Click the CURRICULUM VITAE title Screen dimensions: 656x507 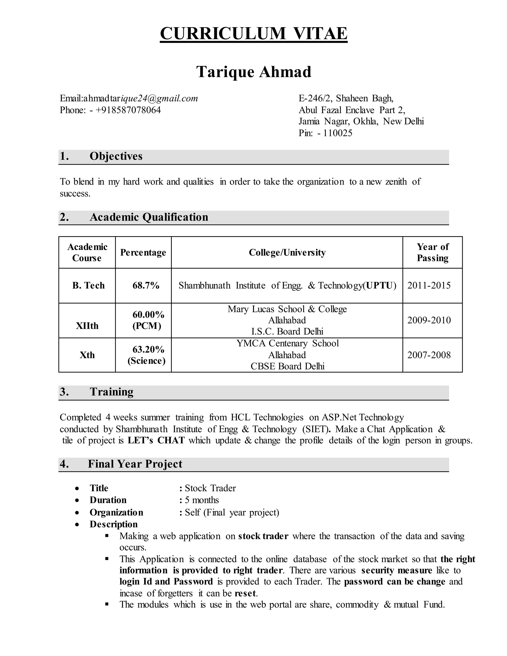pyautogui.click(x=253, y=33)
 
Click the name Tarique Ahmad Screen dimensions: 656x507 pyautogui.click(x=253, y=72)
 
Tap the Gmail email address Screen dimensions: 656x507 pyautogui.click(x=141, y=98)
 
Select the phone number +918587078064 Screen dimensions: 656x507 pyautogui.click(x=128, y=110)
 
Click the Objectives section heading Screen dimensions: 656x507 pyautogui.click(x=116, y=156)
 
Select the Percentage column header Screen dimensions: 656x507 pyautogui.click(x=143, y=252)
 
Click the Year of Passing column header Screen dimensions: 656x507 pyautogui.click(x=432, y=252)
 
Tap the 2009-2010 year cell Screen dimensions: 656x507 pyautogui.click(x=429, y=320)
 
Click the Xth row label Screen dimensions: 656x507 pyautogui.click(x=87, y=355)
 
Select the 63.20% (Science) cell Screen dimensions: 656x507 pyautogui.click(x=147, y=355)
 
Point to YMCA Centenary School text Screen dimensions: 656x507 pyautogui.click(x=287, y=343)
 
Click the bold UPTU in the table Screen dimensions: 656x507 pyautogui.click(x=379, y=285)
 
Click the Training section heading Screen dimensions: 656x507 pyautogui.click(x=111, y=392)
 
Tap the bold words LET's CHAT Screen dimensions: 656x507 pyautogui.click(x=156, y=440)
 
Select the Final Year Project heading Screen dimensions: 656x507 pyautogui.click(x=135, y=464)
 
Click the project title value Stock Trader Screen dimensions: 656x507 pyautogui.click(x=210, y=488)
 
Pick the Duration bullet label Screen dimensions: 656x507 pyautogui.click(x=108, y=500)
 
